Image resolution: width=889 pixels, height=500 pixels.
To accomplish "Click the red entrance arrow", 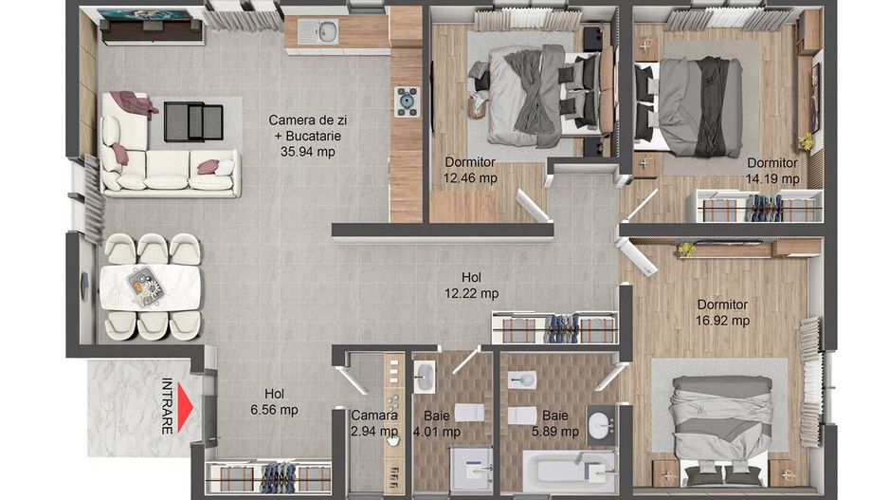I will click(186, 406).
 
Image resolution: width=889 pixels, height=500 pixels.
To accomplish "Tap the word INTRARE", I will click(168, 406).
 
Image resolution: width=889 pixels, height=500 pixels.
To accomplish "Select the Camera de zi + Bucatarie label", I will click(304, 135).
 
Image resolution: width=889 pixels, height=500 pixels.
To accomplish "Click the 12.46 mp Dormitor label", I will click(470, 170).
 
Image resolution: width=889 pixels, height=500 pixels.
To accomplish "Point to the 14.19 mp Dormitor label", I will click(772, 170).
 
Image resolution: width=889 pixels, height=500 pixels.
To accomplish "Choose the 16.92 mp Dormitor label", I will click(722, 312).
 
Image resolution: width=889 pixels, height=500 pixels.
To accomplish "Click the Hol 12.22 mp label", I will click(471, 285).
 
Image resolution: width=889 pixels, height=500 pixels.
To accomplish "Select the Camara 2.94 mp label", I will click(374, 423).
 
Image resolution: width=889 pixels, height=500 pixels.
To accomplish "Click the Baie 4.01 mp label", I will click(437, 423).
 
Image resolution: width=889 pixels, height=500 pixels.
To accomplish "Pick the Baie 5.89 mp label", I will click(554, 423).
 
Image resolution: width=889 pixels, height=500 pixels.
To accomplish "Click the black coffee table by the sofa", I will click(193, 121).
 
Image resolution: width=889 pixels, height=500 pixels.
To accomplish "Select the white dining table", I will click(151, 287).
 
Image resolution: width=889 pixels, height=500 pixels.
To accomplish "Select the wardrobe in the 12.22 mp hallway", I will click(555, 328).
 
